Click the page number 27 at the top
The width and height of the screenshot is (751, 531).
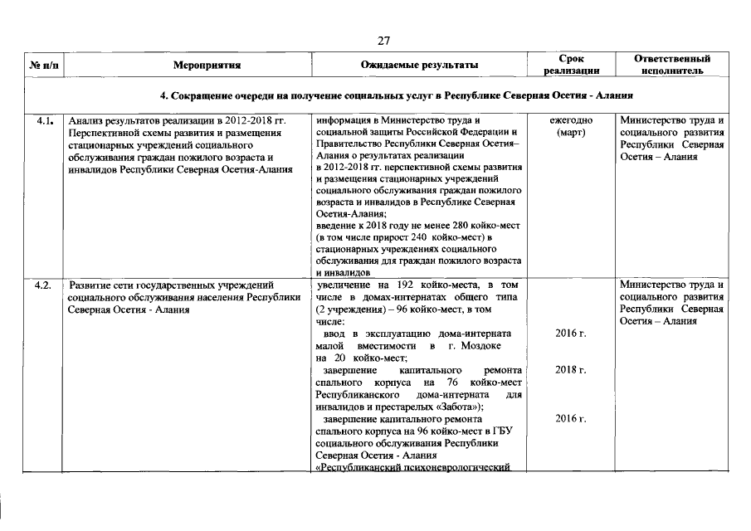[x=383, y=40]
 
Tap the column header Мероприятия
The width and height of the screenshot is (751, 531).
[x=207, y=65]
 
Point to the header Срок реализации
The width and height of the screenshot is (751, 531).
[x=572, y=65]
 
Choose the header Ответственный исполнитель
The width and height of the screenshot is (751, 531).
[x=672, y=65]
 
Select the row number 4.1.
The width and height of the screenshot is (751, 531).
[x=45, y=120]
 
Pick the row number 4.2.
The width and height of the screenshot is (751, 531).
[x=45, y=285]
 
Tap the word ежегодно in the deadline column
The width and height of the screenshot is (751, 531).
[x=571, y=120]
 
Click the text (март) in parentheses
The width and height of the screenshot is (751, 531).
[x=571, y=133]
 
